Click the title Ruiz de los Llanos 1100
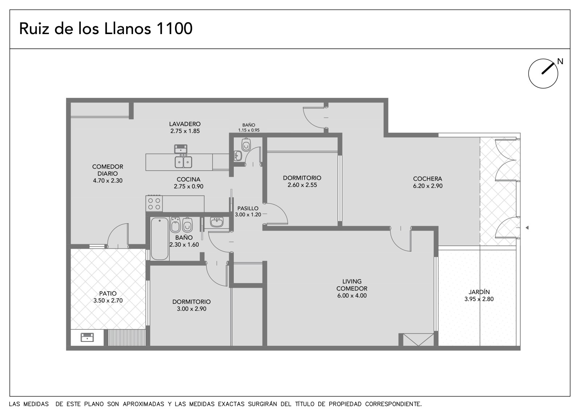pos(105,29)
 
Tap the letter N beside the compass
pos(560,61)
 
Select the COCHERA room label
pos(427,179)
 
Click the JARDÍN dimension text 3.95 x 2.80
pos(479,299)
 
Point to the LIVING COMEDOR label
pos(352,285)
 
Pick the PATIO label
pos(108,293)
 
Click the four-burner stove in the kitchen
pos(154,204)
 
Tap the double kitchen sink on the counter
pos(183,162)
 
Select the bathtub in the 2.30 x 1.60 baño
pos(159,239)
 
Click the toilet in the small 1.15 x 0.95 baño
pos(246,145)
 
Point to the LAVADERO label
pos(185,124)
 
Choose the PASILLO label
pos(248,208)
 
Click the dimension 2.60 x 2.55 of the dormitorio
pos(302,185)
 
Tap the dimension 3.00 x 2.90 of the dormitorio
pos(192,309)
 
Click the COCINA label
pos(188,179)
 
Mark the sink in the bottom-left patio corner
pos(87,337)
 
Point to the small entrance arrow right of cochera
pos(527,228)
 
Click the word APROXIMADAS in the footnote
pos(144,404)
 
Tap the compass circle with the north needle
pos(543,74)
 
